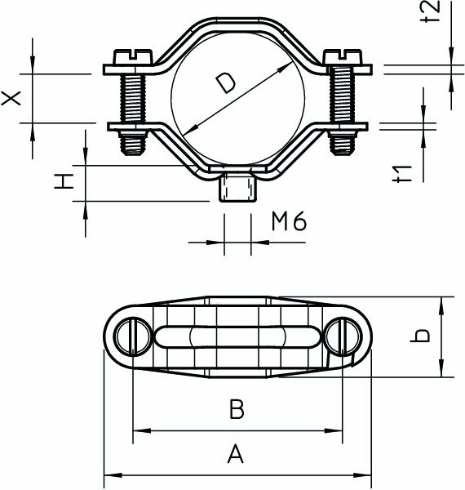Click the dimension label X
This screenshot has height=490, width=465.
(x=11, y=97)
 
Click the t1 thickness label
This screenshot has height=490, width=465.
(x=401, y=173)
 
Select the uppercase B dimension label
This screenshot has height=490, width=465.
(x=237, y=409)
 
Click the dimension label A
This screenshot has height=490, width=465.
(x=235, y=454)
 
